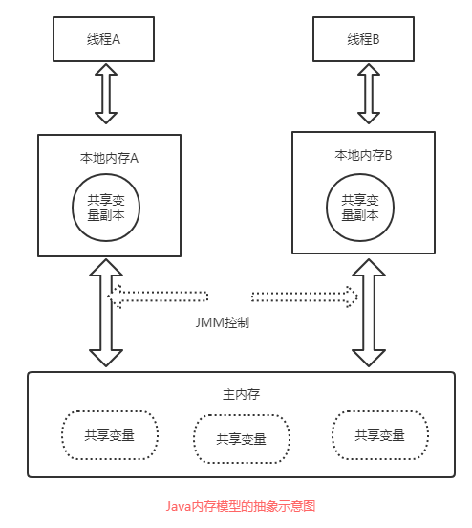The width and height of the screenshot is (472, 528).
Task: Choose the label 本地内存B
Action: [363, 154]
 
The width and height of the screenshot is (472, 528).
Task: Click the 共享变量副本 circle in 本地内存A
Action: [107, 209]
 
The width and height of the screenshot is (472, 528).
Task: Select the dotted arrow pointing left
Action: [162, 296]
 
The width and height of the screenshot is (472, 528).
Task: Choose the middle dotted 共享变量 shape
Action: [241, 439]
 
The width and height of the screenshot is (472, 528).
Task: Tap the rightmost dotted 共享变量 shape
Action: [379, 434]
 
